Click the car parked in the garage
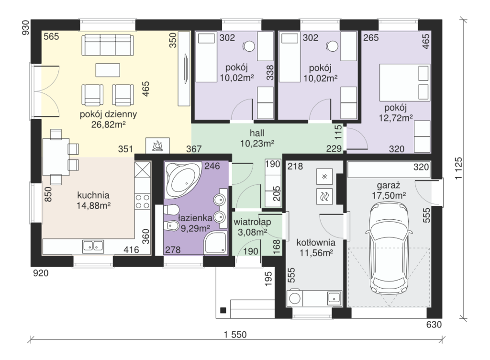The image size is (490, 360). [x=389, y=248]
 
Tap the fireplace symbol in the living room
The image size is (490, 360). [x=157, y=146]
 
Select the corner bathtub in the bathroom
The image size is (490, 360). [x=183, y=180]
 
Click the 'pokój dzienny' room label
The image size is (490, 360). [x=108, y=114]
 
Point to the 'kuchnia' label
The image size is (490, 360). [x=93, y=195]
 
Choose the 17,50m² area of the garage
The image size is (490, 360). [x=389, y=196]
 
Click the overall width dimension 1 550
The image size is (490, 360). [x=235, y=335]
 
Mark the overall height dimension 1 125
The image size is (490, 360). [x=458, y=168]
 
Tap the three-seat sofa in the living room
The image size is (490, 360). [x=108, y=45]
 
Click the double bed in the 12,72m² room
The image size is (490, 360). [x=405, y=82]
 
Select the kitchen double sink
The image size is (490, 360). [x=93, y=246]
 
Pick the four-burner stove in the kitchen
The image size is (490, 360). [x=143, y=201]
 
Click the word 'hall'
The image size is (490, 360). [x=257, y=133]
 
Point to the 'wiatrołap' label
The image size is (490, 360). [x=252, y=222]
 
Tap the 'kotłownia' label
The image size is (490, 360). [x=316, y=243]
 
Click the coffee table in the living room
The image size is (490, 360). [x=108, y=70]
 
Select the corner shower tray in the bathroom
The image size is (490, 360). [x=215, y=243]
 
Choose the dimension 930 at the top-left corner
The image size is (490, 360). [x=26, y=27]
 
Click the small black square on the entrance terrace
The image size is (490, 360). [x=223, y=310]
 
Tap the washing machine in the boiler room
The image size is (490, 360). [x=295, y=298]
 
